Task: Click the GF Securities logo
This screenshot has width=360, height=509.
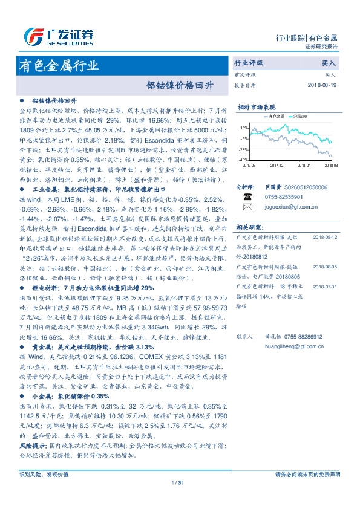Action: (x=58, y=36)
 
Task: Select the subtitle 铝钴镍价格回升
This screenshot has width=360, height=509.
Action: (x=180, y=85)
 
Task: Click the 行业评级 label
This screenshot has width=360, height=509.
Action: (x=249, y=63)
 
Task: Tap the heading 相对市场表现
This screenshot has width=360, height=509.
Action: (x=257, y=106)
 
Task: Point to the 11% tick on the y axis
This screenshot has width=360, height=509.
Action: (x=244, y=128)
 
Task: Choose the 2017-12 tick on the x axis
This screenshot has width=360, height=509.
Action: (x=277, y=164)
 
